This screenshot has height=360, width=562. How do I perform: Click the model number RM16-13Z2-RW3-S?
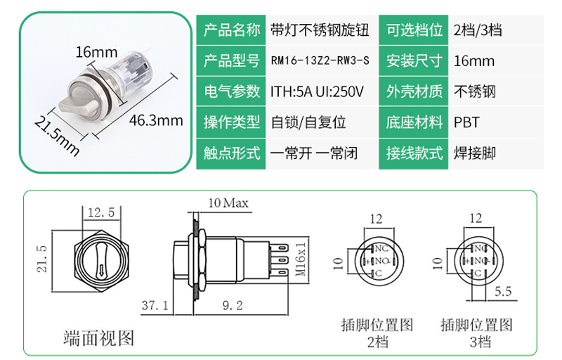coord(320,60)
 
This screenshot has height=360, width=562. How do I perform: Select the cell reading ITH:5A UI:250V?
coord(317,92)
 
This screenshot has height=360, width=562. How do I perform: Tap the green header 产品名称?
coord(232,30)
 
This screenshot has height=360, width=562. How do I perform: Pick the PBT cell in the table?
coord(466,122)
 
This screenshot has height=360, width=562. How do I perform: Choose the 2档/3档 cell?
coord(478,30)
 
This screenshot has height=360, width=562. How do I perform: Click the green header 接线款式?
coord(414,153)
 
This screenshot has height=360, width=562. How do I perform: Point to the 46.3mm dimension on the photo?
coord(156,120)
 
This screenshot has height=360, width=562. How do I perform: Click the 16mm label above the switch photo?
coord(96,52)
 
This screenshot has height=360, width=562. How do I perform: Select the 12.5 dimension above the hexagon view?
coord(101,212)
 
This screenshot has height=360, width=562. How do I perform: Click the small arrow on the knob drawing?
coord(102,269)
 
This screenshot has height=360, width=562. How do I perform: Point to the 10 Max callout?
coord(228,203)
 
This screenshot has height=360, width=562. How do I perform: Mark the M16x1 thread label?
coord(301,259)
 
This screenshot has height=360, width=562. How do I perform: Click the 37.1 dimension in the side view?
coord(155,305)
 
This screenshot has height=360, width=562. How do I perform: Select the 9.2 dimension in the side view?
coord(233,305)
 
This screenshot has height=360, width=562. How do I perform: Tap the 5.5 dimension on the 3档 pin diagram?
coord(503,292)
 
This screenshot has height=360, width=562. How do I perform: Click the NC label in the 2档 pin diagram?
coord(381,248)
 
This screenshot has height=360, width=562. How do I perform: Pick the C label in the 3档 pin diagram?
coord(478,274)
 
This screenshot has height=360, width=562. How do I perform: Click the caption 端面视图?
coord(98,338)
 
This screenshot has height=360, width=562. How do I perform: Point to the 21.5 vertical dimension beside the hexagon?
coord(42,259)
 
